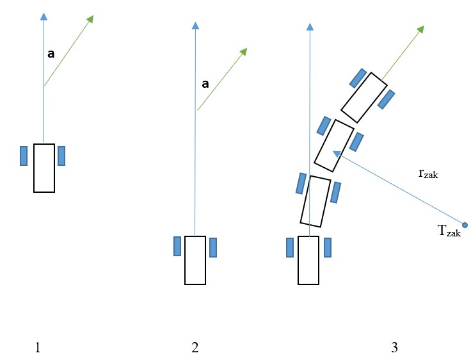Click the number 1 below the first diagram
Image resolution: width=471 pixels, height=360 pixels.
(x=38, y=348)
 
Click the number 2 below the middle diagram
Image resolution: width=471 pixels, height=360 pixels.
(x=195, y=348)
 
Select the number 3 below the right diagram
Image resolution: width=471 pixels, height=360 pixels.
(x=394, y=348)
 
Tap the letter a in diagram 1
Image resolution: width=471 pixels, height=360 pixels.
(x=51, y=54)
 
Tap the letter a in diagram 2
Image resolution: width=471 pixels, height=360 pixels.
(x=205, y=83)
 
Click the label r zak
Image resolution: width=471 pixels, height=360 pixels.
(x=428, y=173)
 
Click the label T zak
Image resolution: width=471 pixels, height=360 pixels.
(x=449, y=232)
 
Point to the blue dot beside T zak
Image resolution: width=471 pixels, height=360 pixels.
(x=465, y=225)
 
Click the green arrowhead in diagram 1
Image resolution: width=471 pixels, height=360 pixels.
(x=90, y=18)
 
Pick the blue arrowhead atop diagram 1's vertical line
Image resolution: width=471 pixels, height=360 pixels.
(x=44, y=16)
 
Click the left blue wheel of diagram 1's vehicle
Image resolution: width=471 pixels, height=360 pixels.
(x=24, y=156)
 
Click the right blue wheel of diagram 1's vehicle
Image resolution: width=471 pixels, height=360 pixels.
(x=61, y=156)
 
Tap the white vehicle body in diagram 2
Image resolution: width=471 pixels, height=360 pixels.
(x=195, y=260)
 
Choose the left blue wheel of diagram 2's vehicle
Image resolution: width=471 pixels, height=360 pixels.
(x=177, y=247)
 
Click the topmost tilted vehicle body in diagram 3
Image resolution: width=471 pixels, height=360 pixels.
(x=363, y=97)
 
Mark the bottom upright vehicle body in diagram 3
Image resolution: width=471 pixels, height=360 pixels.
(x=308, y=260)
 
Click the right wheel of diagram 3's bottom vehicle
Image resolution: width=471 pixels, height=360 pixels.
(x=328, y=247)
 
